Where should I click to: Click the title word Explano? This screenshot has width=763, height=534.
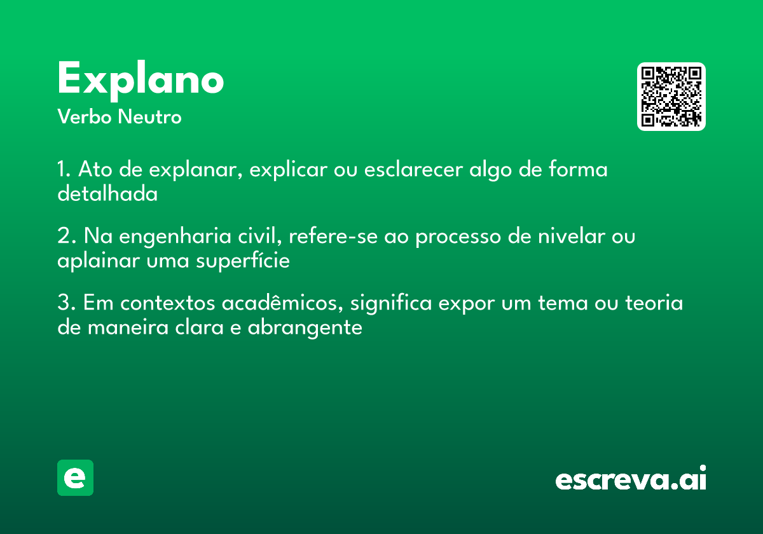tap(141, 80)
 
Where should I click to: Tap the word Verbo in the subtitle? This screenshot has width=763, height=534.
tap(85, 117)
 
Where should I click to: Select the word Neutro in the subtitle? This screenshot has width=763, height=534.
tap(149, 117)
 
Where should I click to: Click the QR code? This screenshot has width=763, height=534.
tap(671, 97)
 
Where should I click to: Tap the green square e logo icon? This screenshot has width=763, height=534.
tap(75, 477)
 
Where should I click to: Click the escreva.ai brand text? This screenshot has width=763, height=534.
tap(631, 477)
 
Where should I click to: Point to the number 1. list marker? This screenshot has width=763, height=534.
tap(64, 169)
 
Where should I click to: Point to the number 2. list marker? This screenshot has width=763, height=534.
tap(67, 236)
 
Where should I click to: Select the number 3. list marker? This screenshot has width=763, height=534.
tap(67, 303)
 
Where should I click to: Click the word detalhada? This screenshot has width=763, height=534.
tap(107, 193)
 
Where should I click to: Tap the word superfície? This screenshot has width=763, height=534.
tap(243, 261)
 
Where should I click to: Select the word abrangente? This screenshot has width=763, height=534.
tap(305, 328)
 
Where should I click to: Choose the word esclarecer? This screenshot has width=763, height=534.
tap(413, 170)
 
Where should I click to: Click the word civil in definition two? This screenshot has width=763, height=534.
tap(260, 236)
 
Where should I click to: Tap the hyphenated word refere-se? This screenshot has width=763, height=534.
tap(333, 236)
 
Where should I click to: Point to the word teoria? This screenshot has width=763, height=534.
tap(654, 303)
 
